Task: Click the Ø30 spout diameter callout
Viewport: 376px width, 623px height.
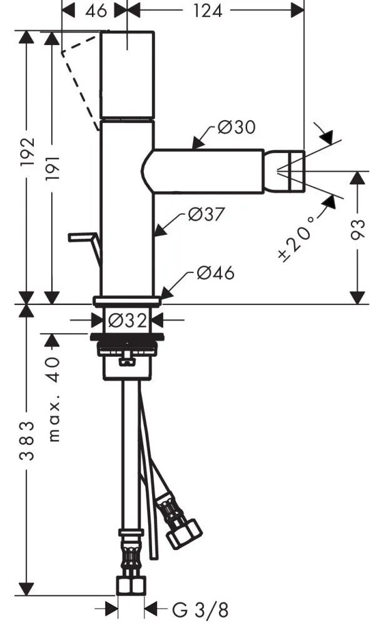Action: pyautogui.click(x=236, y=128)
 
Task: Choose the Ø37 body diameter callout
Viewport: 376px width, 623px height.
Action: pyautogui.click(x=206, y=215)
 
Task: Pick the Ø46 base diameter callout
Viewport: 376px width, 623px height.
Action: pyautogui.click(x=215, y=273)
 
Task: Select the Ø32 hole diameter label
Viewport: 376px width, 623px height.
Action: pyautogui.click(x=127, y=321)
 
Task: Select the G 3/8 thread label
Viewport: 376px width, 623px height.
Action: pyautogui.click(x=192, y=609)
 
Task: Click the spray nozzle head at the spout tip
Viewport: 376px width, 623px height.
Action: pyautogui.click(x=293, y=169)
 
